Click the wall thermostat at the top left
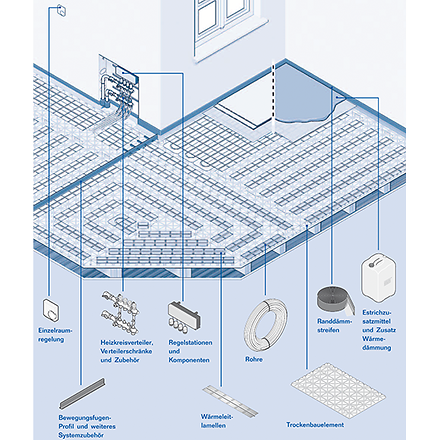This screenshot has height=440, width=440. (x=62, y=11)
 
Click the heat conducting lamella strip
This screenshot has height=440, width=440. (x=224, y=392)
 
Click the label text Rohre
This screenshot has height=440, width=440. (x=255, y=359)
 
